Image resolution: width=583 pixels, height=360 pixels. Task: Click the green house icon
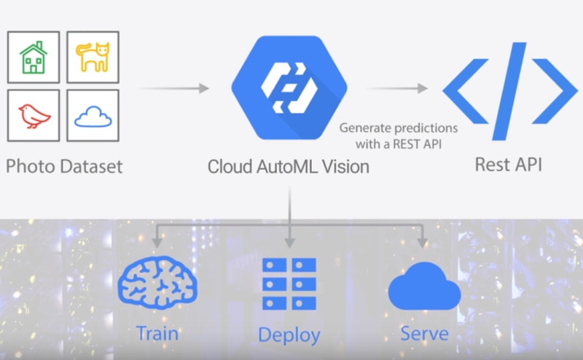[34, 57]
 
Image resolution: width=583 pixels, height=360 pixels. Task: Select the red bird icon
[34, 115]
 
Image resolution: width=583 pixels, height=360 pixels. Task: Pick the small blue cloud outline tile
[93, 115]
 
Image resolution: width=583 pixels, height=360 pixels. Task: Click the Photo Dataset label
[64, 165]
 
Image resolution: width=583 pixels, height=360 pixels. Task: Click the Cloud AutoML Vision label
[289, 167]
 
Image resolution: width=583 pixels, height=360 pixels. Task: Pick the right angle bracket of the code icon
[552, 91]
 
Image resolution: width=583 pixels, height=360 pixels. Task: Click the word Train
[157, 334]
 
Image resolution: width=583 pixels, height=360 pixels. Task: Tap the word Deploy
[289, 335]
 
